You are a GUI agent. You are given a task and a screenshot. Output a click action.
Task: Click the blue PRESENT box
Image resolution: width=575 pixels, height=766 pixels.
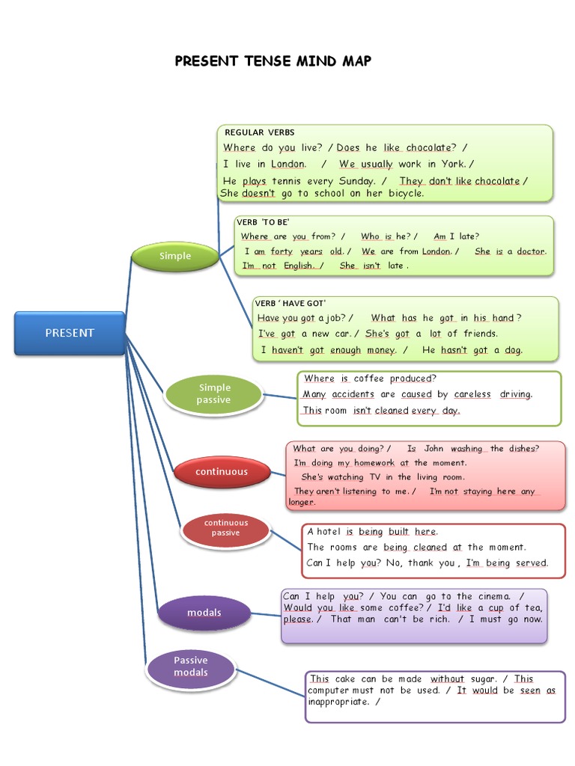(70, 333)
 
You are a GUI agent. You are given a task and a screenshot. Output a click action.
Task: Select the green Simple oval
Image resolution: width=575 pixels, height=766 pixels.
(174, 256)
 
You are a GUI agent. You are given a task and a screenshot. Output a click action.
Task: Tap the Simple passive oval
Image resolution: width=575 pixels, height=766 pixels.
(214, 393)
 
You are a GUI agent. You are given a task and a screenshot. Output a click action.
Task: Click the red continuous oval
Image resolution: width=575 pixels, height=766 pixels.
(221, 472)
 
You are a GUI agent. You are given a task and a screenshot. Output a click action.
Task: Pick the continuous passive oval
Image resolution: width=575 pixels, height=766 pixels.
(225, 528)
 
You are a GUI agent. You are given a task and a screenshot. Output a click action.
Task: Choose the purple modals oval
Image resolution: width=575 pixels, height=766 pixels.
(204, 613)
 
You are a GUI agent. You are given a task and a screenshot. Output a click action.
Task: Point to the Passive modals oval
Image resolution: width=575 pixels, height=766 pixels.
(191, 667)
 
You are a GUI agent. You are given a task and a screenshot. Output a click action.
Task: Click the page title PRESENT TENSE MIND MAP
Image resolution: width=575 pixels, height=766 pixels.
(273, 61)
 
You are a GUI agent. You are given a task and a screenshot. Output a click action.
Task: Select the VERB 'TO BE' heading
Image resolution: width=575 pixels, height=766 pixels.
(263, 222)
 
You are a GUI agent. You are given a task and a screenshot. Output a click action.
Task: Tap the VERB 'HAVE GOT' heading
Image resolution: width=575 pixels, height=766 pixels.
(290, 303)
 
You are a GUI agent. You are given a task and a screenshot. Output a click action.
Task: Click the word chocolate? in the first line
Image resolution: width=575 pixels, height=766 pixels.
(431, 148)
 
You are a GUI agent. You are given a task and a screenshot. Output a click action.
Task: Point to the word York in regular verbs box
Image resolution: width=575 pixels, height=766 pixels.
(453, 164)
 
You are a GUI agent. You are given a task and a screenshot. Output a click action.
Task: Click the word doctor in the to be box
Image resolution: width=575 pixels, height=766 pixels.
(531, 251)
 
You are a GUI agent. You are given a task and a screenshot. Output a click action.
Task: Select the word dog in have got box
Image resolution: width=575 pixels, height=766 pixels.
(514, 350)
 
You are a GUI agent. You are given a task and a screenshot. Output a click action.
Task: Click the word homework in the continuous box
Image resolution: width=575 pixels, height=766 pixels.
(365, 463)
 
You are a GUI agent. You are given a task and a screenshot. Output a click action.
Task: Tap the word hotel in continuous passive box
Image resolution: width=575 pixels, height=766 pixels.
(329, 532)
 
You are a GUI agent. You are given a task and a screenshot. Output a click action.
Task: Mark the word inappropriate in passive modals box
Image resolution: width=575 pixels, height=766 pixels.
(338, 702)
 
